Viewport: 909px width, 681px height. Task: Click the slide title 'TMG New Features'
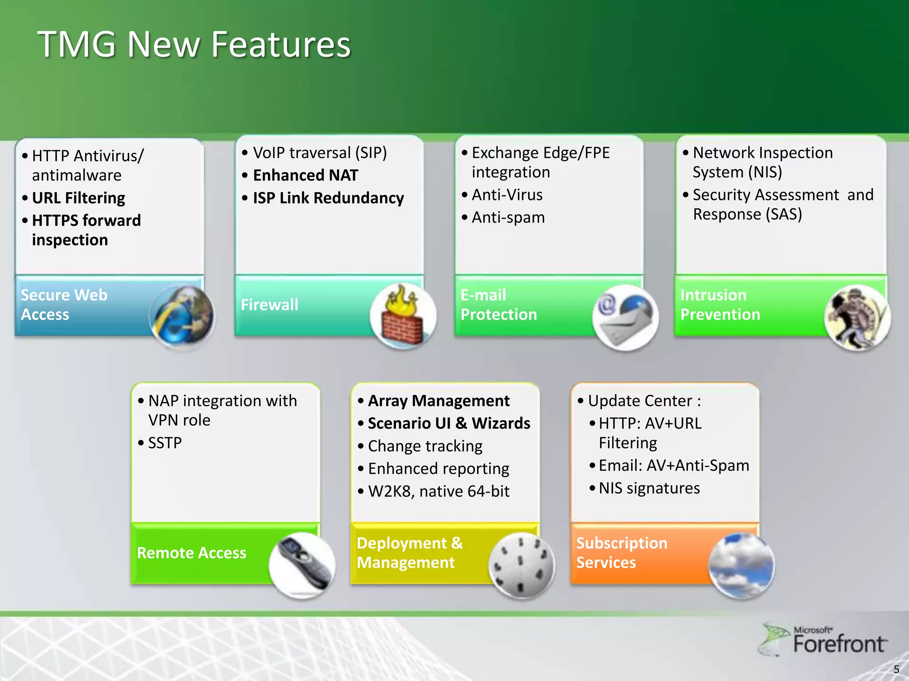tap(194, 44)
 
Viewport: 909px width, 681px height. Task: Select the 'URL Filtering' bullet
tap(79, 198)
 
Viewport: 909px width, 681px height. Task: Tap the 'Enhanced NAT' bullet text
tap(305, 175)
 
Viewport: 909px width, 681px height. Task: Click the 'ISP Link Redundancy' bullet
tap(328, 198)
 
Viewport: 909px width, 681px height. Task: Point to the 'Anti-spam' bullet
tap(508, 217)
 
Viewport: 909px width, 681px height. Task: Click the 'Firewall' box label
tap(269, 305)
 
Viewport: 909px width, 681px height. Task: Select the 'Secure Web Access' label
tap(64, 305)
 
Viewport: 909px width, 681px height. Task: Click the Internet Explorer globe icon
tap(182, 317)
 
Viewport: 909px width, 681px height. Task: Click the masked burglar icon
tap(857, 317)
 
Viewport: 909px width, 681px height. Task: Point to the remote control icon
tap(302, 565)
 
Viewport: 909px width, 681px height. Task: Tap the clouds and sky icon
tap(741, 565)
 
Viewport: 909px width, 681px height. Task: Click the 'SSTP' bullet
tap(165, 442)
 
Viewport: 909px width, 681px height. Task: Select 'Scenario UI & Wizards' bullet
tap(449, 423)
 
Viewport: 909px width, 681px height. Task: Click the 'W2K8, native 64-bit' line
tap(439, 491)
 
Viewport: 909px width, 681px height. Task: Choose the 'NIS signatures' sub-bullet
tap(649, 488)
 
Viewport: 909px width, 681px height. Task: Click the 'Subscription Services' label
tap(621, 552)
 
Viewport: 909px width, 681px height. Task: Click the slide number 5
tap(896, 669)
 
